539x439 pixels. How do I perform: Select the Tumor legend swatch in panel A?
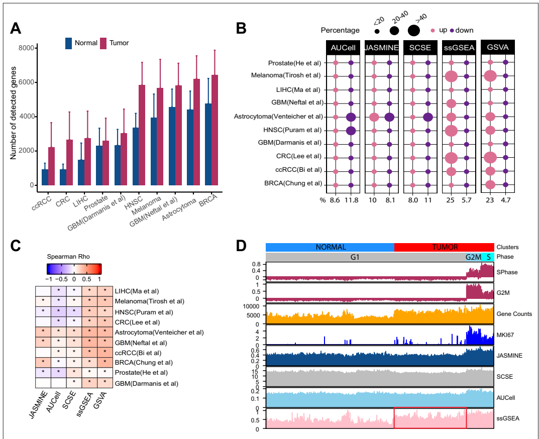pos(104,43)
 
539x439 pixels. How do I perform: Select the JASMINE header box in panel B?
pos(381,48)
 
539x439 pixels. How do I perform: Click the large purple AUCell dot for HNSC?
pos(351,131)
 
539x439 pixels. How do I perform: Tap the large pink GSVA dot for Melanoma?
pos(490,76)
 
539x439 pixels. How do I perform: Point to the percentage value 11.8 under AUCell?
pos(350,201)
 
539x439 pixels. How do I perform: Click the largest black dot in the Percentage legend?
pos(413,31)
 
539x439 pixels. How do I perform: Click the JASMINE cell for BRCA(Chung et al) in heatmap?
pos(41,362)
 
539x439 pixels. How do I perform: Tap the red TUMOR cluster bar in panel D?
pos(444,247)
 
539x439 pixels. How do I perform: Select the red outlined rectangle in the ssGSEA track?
pos(430,418)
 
